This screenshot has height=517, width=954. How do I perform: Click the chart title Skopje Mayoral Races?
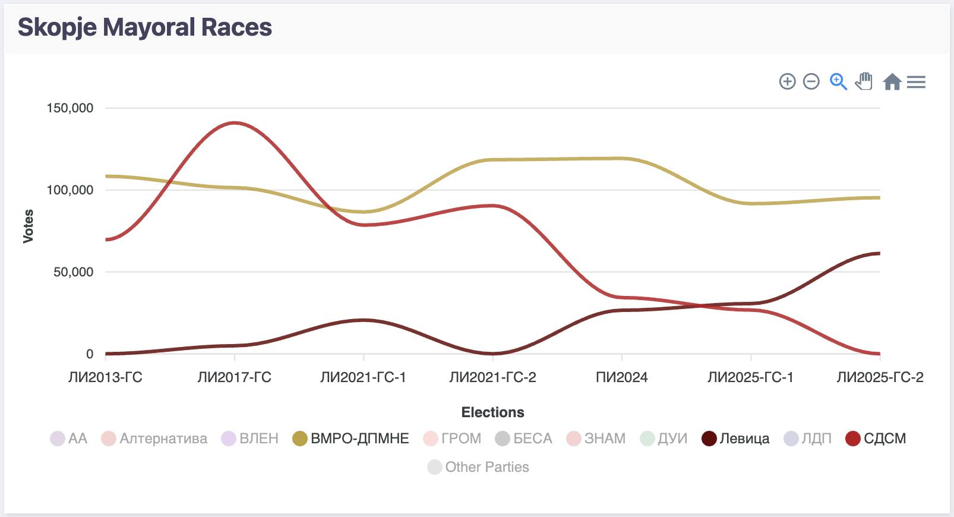[144, 27]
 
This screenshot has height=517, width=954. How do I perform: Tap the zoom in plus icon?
[787, 81]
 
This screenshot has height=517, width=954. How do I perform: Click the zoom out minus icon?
[811, 81]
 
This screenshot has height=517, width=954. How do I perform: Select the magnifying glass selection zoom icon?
[838, 81]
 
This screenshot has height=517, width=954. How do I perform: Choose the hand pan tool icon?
[864, 81]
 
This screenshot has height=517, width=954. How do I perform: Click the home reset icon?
[892, 81]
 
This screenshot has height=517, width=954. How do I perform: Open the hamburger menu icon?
[916, 82]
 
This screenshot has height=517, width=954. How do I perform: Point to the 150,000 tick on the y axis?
[70, 108]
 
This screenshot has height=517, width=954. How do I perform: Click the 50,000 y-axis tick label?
[74, 272]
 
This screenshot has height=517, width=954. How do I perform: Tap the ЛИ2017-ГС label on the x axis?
[234, 377]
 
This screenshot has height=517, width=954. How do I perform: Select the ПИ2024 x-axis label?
[621, 377]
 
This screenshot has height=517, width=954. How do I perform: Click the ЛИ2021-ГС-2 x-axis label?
[492, 377]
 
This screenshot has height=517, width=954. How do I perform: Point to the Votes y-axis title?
[28, 226]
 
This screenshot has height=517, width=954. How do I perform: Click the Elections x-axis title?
[492, 412]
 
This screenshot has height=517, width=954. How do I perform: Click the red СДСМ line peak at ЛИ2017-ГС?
[235, 123]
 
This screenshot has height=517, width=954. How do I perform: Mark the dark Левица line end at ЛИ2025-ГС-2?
[878, 254]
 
